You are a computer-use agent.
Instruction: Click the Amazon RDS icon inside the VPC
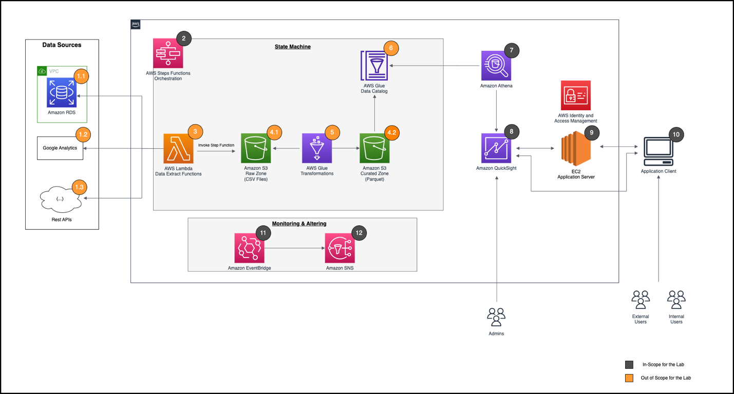(62, 93)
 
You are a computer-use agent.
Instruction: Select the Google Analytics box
(60, 148)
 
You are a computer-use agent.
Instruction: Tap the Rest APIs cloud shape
(60, 199)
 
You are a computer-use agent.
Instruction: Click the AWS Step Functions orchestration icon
(168, 53)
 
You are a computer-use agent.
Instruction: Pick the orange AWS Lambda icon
(178, 148)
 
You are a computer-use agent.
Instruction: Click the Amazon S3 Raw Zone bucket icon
(256, 148)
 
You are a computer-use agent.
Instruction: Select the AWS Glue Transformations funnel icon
(317, 148)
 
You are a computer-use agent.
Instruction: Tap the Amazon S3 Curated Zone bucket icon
(374, 148)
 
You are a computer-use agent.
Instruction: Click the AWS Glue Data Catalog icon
(375, 66)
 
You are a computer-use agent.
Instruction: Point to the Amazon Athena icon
(496, 66)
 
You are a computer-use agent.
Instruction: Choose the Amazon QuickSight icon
(496, 148)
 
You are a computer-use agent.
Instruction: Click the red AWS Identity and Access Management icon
(575, 95)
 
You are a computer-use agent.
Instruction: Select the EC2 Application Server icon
(575, 148)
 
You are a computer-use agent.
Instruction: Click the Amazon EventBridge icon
(249, 248)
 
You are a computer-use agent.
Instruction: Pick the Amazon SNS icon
(340, 248)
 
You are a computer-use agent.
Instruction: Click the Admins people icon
(496, 318)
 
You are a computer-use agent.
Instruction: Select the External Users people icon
(641, 300)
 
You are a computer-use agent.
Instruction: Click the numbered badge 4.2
(391, 132)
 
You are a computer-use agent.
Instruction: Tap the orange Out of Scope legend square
(629, 378)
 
